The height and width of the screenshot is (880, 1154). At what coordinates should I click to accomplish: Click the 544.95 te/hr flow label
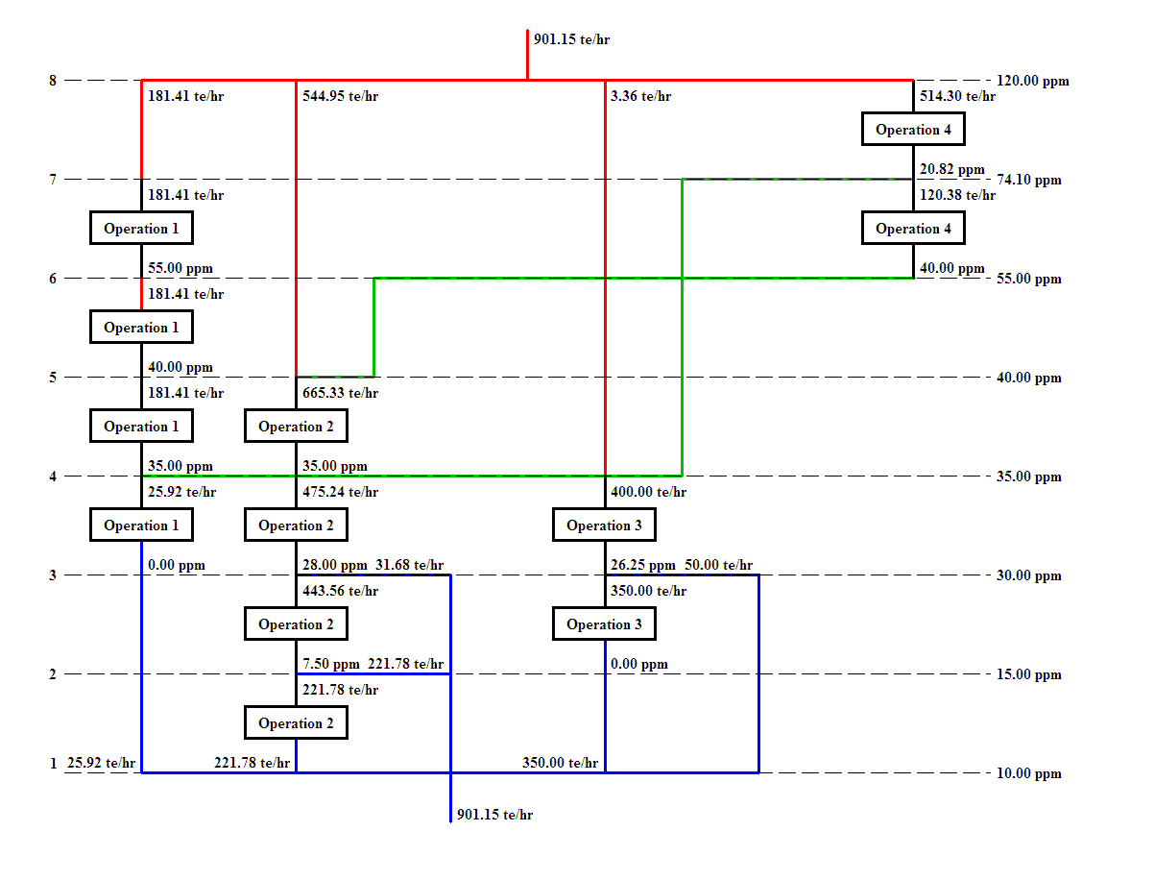tap(340, 96)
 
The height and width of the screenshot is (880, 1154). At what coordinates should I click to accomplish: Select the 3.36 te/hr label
tap(640, 96)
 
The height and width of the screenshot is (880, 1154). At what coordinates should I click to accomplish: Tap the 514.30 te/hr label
tap(957, 96)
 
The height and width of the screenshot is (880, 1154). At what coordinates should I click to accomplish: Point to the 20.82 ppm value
tap(951, 169)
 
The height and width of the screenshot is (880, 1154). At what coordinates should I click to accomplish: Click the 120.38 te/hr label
tap(957, 195)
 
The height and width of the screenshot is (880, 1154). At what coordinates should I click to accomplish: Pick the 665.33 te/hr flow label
tap(340, 393)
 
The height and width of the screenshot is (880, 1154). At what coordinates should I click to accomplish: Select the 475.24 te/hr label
tap(340, 492)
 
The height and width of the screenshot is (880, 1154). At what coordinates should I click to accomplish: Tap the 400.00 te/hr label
tap(648, 492)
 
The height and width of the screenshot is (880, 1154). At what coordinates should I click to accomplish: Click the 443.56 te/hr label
tap(340, 591)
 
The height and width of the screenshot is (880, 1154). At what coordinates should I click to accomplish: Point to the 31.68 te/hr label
tap(409, 565)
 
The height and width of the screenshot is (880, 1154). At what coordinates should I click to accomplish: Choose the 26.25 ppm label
tap(642, 565)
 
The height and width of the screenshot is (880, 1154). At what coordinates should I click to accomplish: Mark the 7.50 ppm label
tap(330, 664)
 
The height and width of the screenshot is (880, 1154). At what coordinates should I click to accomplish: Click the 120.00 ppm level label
tap(1032, 81)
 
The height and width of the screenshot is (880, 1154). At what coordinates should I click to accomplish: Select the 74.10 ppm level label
tap(1029, 180)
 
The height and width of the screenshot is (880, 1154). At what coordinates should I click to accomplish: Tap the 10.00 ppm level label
tap(1029, 773)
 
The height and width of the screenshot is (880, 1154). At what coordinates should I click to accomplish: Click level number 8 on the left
tap(53, 81)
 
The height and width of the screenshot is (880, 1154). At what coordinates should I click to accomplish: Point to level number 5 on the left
tap(53, 378)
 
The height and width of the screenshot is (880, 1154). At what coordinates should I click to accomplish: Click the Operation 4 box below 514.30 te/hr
tap(913, 130)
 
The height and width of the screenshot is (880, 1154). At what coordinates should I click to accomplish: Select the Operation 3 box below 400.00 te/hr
tap(604, 526)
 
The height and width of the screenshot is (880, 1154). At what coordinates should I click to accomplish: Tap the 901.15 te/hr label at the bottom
tap(494, 815)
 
